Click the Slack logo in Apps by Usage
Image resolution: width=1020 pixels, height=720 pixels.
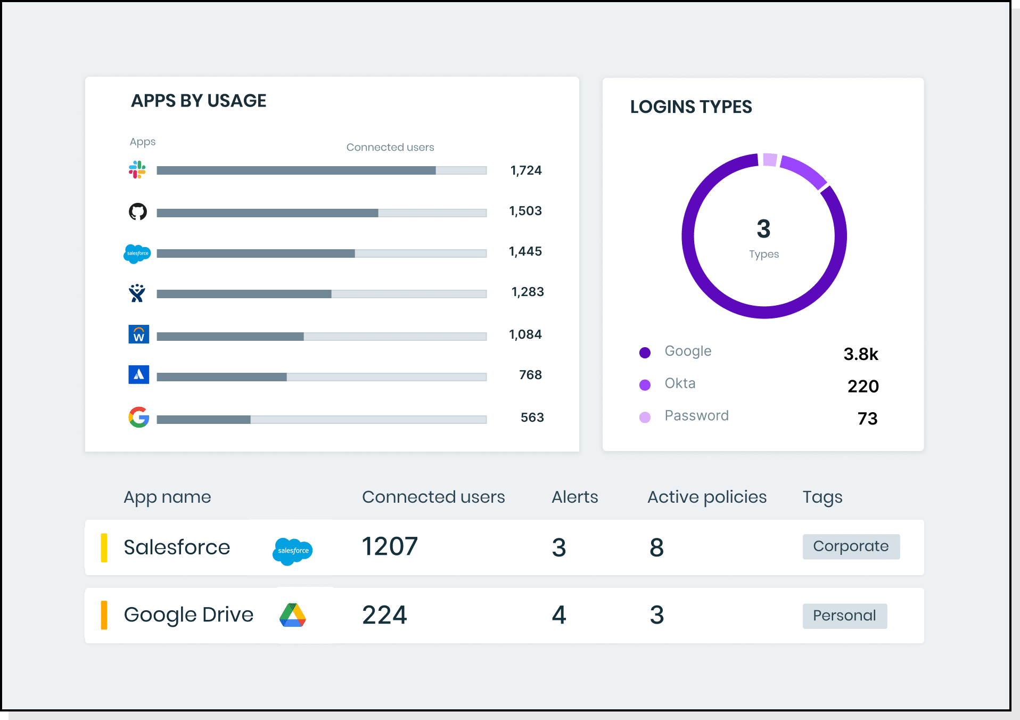(x=137, y=170)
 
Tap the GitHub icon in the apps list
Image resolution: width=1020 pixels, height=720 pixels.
(x=138, y=211)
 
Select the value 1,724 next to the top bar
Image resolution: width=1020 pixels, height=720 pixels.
(x=525, y=170)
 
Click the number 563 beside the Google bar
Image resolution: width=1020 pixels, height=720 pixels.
(x=532, y=418)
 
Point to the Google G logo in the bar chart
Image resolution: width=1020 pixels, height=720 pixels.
(x=139, y=418)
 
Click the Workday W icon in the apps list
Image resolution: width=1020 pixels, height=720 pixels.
(x=139, y=334)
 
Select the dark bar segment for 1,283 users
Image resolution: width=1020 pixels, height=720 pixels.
(x=244, y=294)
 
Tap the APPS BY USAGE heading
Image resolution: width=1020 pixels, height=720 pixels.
(x=199, y=101)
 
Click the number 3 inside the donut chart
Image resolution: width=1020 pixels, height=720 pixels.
(x=763, y=229)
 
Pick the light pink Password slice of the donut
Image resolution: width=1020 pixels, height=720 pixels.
(x=770, y=160)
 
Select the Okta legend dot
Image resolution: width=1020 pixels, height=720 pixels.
(x=645, y=384)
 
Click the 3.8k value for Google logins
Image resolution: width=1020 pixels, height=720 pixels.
(x=860, y=354)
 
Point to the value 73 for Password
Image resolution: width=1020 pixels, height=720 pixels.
(x=867, y=419)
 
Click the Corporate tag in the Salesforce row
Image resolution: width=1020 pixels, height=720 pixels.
(x=851, y=546)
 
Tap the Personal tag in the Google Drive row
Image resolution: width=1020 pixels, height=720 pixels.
(x=844, y=616)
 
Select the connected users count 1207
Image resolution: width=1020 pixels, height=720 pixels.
(x=390, y=547)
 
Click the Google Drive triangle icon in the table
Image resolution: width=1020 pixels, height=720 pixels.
(x=292, y=616)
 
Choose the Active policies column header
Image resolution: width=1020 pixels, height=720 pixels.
(x=706, y=497)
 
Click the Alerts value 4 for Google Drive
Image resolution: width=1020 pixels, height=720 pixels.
(x=558, y=615)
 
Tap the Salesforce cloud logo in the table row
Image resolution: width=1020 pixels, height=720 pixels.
(x=292, y=551)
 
